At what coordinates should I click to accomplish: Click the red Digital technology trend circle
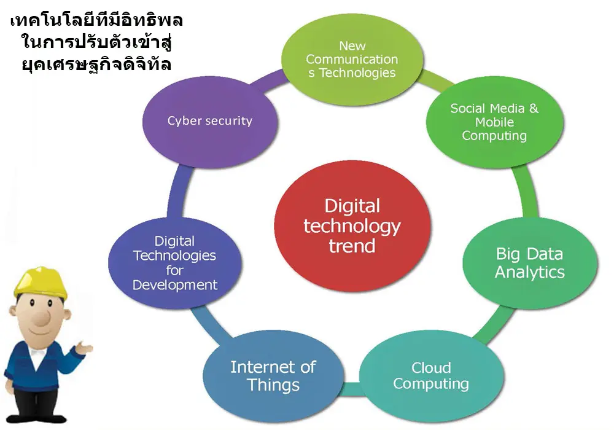(x=352, y=226)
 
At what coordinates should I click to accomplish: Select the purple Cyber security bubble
(x=210, y=122)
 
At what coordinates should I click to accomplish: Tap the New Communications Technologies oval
(x=352, y=60)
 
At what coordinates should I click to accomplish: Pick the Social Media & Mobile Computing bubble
(x=494, y=122)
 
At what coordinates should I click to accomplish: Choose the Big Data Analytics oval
(x=530, y=263)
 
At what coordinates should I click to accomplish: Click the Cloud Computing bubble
(x=431, y=375)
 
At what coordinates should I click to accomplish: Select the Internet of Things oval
(x=273, y=376)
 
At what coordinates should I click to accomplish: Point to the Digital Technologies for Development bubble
(x=175, y=263)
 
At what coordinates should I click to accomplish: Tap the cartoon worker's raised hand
(x=84, y=347)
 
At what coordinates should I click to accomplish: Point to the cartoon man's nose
(x=42, y=317)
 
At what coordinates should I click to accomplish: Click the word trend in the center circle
(x=352, y=246)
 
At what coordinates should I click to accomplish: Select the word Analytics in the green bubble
(x=530, y=272)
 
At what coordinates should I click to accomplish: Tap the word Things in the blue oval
(x=273, y=385)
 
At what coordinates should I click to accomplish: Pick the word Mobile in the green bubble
(x=494, y=122)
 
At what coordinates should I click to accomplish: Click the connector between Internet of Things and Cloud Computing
(x=351, y=388)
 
